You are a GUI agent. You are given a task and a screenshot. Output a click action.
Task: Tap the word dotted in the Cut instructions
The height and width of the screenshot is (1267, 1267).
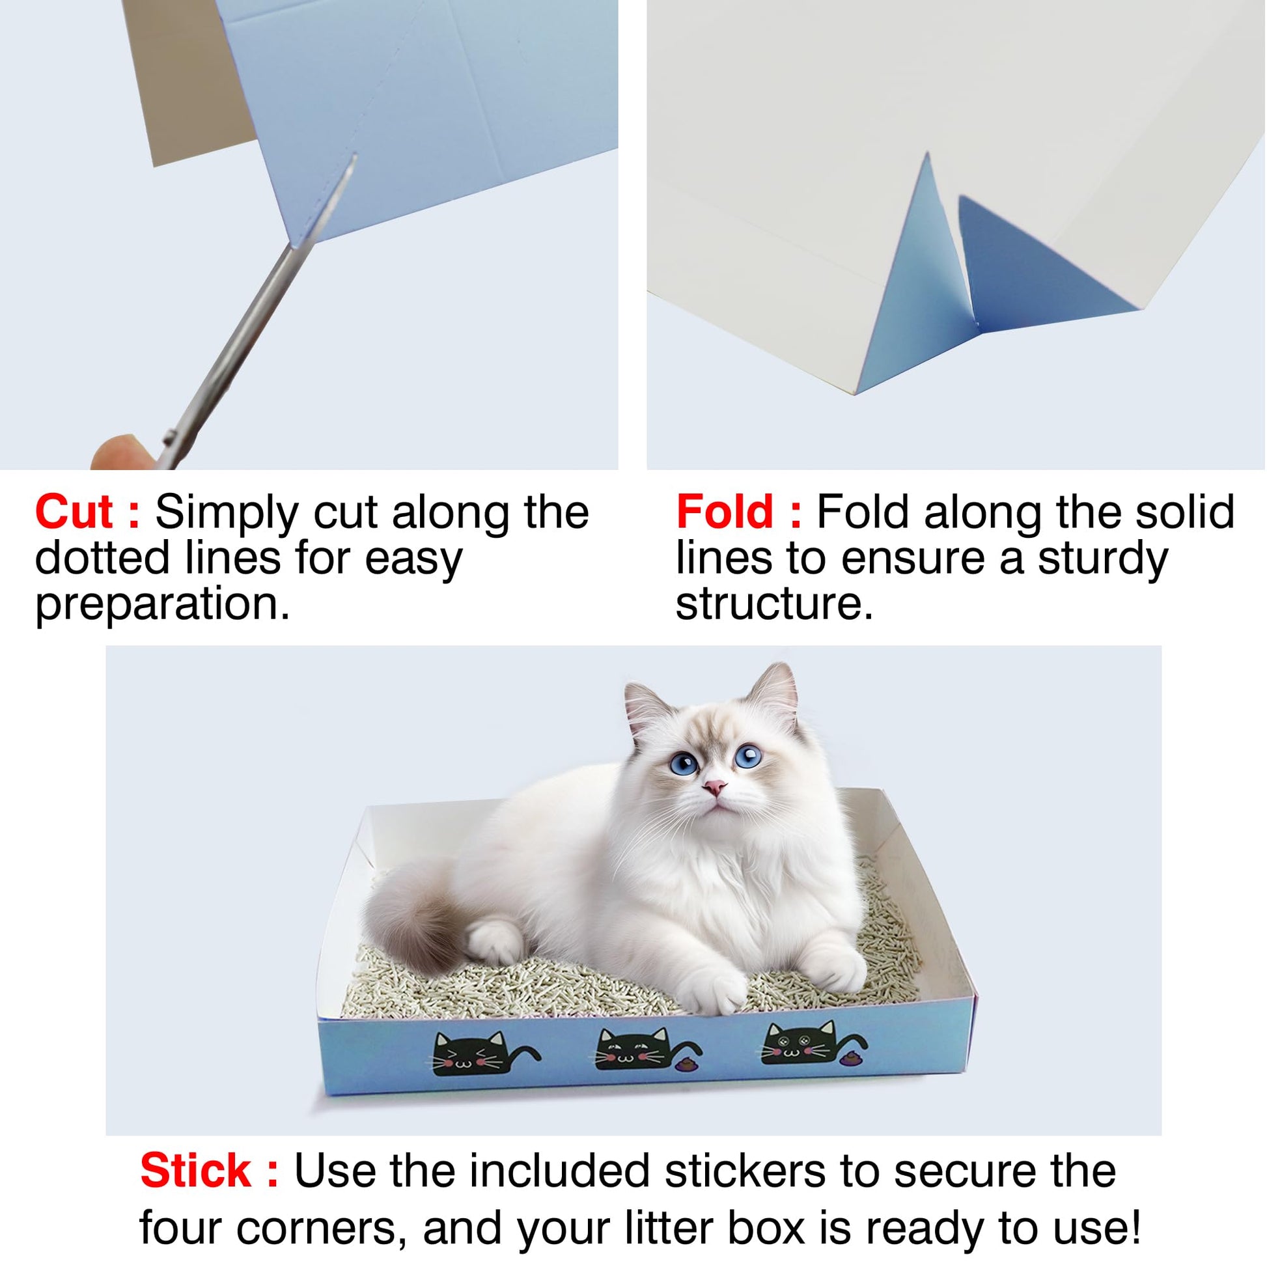96,559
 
